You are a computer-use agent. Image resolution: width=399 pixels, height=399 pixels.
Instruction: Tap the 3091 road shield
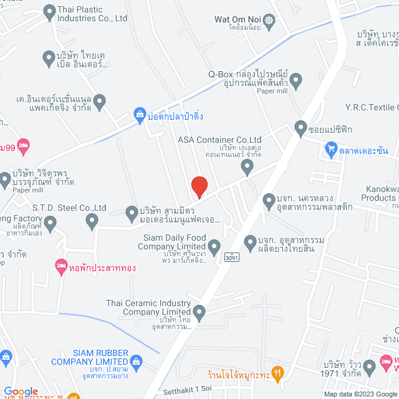[231, 256]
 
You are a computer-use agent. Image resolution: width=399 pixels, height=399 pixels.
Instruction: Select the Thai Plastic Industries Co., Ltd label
[92, 14]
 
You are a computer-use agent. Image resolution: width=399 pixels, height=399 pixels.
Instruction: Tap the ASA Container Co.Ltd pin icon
[248, 166]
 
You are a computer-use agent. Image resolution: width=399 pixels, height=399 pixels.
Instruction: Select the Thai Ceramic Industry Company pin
[199, 312]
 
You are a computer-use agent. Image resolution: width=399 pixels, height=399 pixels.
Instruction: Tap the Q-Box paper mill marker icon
[296, 80]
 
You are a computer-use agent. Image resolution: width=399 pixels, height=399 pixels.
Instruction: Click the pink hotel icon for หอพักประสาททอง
[60, 264]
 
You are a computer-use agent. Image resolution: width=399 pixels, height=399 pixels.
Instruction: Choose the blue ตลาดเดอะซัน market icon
[330, 150]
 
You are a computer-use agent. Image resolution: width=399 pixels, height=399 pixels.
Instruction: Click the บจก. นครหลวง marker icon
[269, 201]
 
